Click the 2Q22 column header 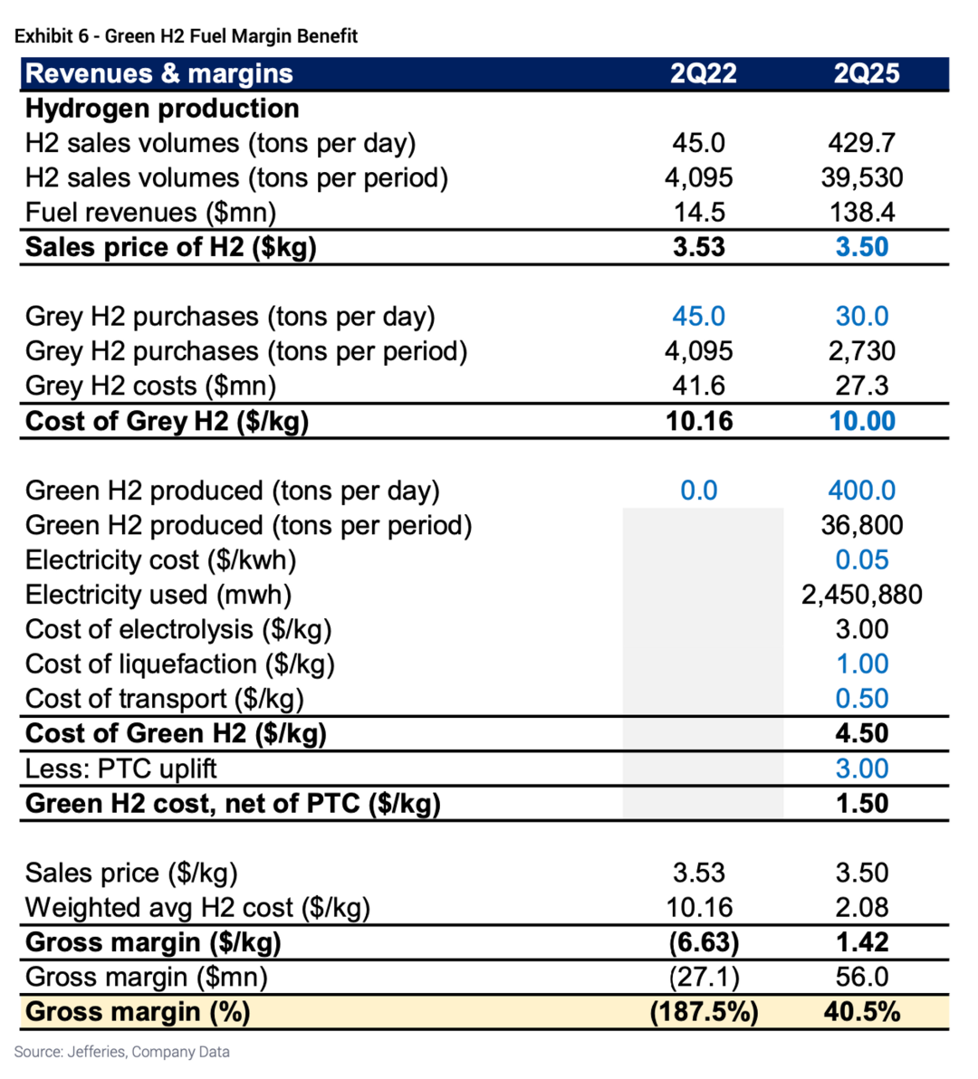[x=703, y=73]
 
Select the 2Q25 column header [x=866, y=73]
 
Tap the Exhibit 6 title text [x=186, y=36]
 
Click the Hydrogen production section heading [x=162, y=109]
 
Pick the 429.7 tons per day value [x=861, y=143]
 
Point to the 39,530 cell [x=861, y=177]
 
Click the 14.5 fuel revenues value [x=699, y=212]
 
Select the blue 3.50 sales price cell [x=861, y=247]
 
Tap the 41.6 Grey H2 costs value [x=699, y=386]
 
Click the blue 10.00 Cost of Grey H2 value [x=861, y=421]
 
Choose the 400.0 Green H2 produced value [x=861, y=491]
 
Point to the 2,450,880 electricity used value [x=861, y=595]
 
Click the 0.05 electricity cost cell [x=861, y=560]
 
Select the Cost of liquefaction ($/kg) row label [x=179, y=664]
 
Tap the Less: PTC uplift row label [x=120, y=769]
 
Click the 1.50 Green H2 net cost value [x=861, y=804]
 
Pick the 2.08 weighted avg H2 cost [x=861, y=907]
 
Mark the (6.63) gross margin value [x=704, y=942]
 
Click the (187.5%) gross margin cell [x=704, y=1012]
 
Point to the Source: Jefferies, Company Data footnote [x=121, y=1052]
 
